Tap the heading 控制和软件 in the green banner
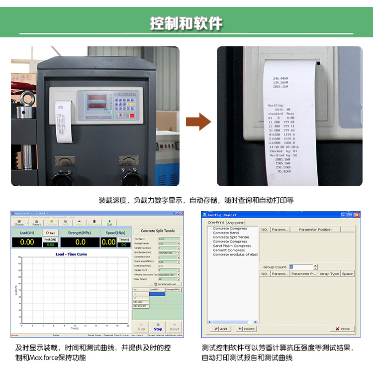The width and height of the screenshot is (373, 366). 186,23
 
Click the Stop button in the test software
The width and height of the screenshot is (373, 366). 158,326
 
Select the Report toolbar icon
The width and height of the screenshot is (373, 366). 36,223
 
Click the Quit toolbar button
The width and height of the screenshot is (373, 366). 109,223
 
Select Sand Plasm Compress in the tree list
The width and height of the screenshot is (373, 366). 232,246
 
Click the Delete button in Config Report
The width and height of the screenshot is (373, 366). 247,329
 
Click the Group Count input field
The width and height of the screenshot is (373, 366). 301,267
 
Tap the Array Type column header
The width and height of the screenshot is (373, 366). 329,273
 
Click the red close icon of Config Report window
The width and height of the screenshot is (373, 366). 356,215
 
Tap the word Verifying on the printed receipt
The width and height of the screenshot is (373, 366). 276,105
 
